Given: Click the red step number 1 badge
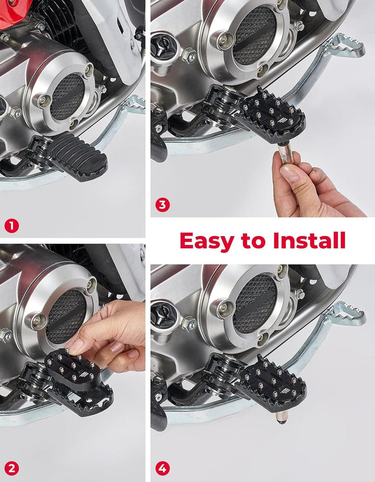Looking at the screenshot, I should pos(11,226).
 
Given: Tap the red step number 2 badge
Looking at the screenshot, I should pos(11,468).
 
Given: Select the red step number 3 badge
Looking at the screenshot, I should pos(162,205).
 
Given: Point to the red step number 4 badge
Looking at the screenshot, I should pos(162,468).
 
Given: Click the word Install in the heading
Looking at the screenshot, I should pos(309,241).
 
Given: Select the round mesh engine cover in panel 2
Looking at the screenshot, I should pos(65,316).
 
